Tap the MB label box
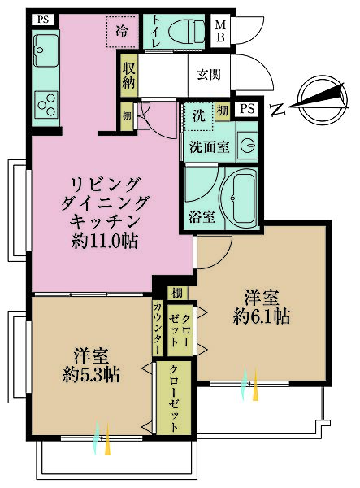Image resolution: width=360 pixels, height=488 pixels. tap(220, 30)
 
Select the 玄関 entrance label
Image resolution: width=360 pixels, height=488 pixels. tap(209, 75)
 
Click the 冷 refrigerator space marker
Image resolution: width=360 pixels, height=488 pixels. tap(122, 32)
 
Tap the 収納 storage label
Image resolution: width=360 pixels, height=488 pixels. tap(128, 69)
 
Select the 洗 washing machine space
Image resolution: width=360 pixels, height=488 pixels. tap(198, 117)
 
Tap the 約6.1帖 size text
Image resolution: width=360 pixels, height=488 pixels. tap(261, 316)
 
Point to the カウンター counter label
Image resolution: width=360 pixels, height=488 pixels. tap(158, 328)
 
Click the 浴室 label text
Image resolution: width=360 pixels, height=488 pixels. tap(202, 217)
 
